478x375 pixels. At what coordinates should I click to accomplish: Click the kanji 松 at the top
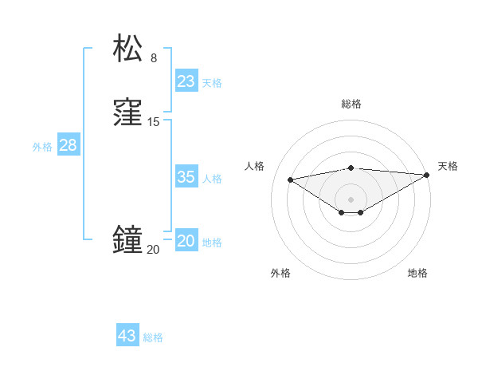128,49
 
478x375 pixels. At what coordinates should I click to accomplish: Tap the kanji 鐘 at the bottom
128,240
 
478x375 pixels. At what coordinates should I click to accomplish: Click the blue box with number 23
186,81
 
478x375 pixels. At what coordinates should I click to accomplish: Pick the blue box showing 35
186,177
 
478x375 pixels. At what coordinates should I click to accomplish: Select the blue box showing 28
68,145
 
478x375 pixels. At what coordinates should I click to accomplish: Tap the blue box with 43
127,336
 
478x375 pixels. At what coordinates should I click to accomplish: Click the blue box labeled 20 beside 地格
186,241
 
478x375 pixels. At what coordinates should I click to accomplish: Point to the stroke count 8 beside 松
154,57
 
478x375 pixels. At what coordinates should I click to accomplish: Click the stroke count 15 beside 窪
154,122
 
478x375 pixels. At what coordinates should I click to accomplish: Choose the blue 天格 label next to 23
212,83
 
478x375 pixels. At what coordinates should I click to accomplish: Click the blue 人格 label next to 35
212,179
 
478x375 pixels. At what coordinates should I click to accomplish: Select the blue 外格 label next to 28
42,147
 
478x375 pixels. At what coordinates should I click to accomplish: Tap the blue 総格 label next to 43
153,337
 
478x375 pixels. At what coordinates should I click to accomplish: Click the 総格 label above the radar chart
351,104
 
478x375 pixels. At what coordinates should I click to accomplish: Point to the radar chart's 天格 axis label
448,166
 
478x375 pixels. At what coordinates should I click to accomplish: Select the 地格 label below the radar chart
417,273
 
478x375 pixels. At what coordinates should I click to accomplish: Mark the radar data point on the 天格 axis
428,175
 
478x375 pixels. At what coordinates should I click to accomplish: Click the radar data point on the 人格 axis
290,179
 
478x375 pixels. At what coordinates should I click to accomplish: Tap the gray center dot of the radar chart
351,199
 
